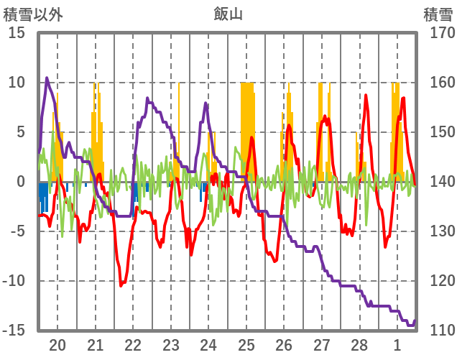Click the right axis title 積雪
(x=438, y=14)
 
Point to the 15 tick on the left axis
(x=17, y=33)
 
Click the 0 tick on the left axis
(x=22, y=182)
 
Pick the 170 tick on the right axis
(x=438, y=33)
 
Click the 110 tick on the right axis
(x=438, y=331)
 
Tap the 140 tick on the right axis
(x=438, y=182)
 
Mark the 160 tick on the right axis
(x=438, y=83)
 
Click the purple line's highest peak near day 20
(x=47, y=78)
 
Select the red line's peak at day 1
(x=404, y=98)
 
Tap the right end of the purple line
(x=415, y=321)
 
